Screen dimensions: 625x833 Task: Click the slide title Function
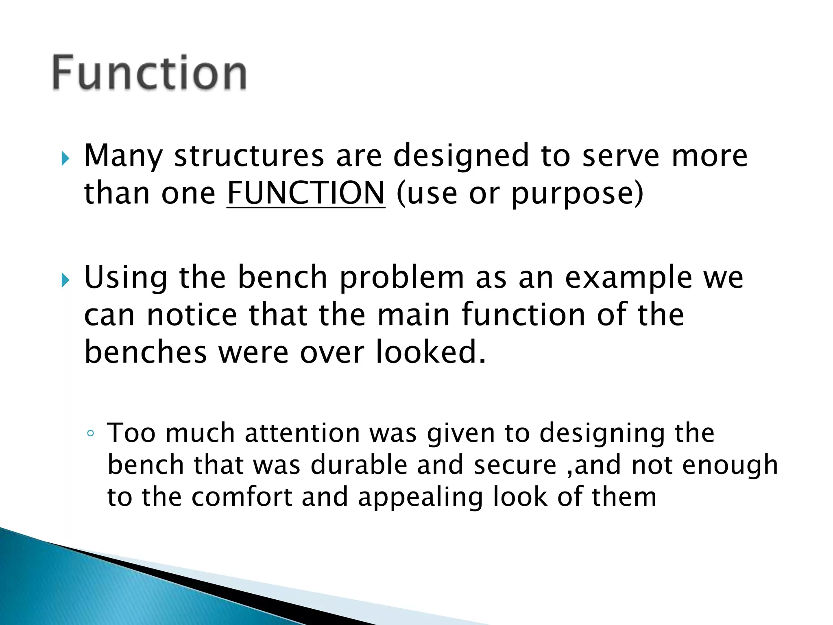(x=149, y=73)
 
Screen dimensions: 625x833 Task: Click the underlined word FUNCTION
(x=305, y=193)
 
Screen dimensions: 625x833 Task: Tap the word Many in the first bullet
(x=123, y=156)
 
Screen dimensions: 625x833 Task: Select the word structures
(x=249, y=156)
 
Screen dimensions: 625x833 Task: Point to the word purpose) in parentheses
(x=577, y=194)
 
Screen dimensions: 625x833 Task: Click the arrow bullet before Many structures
(x=65, y=158)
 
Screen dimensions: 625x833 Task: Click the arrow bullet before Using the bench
(x=65, y=280)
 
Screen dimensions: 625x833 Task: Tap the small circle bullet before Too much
(x=90, y=433)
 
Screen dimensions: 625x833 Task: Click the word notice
(x=192, y=315)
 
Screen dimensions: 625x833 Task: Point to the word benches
(x=145, y=352)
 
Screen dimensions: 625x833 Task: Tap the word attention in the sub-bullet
(x=302, y=433)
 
